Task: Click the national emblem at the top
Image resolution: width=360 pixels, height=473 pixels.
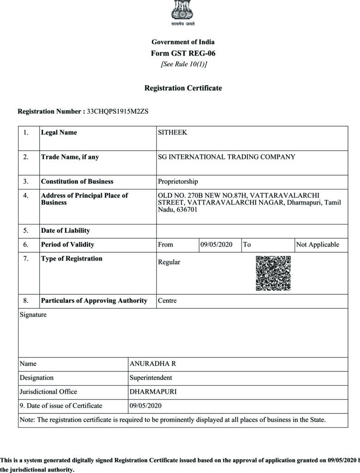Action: (x=183, y=9)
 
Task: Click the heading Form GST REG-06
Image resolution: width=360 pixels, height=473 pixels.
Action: (x=183, y=53)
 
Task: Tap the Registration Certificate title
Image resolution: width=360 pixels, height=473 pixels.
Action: (x=183, y=88)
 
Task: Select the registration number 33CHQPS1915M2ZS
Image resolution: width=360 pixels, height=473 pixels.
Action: (x=118, y=111)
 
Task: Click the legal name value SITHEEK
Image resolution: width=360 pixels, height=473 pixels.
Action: (x=173, y=133)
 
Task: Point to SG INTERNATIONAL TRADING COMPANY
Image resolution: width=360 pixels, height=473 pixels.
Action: (x=227, y=157)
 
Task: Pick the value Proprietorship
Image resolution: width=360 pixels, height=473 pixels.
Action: (x=178, y=182)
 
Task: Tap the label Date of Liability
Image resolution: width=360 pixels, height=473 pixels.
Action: (x=66, y=230)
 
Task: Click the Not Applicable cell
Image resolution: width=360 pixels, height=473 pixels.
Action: (x=318, y=244)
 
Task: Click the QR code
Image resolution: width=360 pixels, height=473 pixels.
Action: (x=273, y=273)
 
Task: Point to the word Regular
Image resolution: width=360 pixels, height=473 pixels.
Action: (x=169, y=262)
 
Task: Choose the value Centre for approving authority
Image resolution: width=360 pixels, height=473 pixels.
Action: (x=167, y=301)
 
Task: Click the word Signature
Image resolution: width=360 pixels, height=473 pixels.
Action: (x=33, y=315)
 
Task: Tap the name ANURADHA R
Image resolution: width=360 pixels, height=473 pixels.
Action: (x=152, y=364)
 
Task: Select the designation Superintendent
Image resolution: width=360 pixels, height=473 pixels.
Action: (x=150, y=377)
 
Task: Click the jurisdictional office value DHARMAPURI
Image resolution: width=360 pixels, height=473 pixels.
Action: (x=153, y=392)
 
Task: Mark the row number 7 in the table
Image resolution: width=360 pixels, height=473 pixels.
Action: (x=26, y=258)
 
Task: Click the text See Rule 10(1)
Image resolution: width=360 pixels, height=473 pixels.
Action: (x=184, y=64)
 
